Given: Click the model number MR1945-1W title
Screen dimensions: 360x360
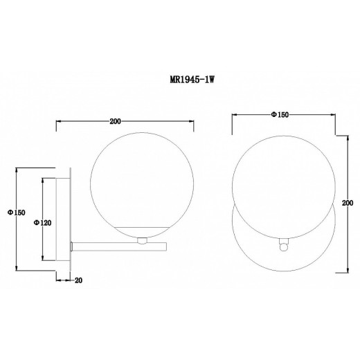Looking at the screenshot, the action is click(x=192, y=80).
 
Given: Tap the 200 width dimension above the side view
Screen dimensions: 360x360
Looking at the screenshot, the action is click(x=115, y=121).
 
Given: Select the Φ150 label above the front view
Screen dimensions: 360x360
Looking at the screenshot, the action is click(x=280, y=114).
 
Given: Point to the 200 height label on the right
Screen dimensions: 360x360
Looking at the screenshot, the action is click(x=348, y=203).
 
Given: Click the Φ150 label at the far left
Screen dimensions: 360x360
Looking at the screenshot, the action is click(x=17, y=213).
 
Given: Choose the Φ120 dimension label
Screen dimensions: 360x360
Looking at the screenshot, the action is click(x=43, y=223).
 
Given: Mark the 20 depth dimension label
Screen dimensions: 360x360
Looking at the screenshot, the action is click(x=78, y=280).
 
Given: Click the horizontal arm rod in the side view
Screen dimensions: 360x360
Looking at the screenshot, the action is click(x=120, y=246).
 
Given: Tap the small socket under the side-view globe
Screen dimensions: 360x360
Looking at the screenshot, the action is click(x=142, y=241).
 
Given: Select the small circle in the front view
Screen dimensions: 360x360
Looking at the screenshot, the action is click(x=284, y=248).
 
